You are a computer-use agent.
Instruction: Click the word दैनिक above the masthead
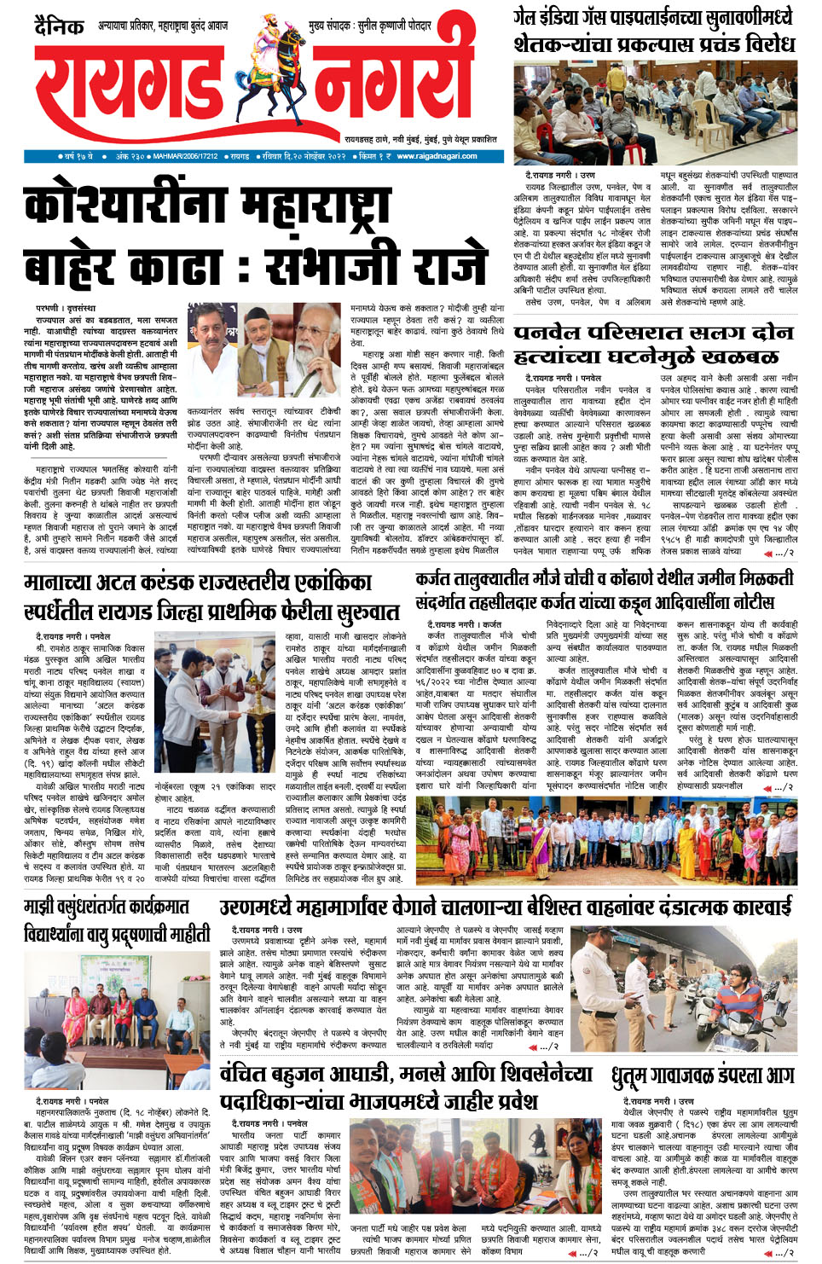60,26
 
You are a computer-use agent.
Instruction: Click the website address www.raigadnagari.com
437,156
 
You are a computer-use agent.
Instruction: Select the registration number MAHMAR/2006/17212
185,156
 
